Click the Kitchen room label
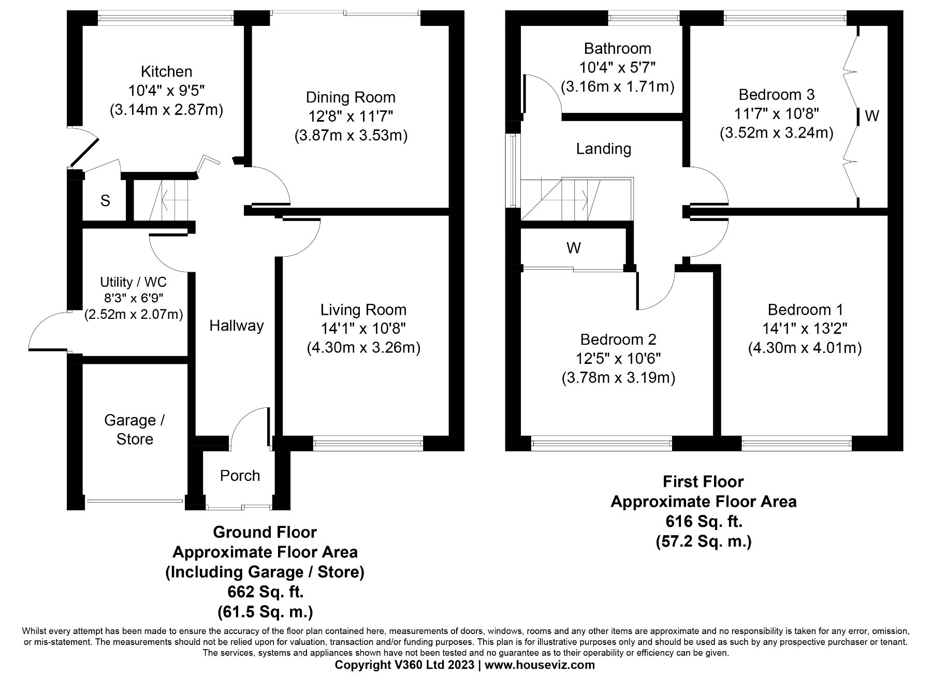(x=166, y=71)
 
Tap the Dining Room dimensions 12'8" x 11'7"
(x=351, y=116)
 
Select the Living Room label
(x=363, y=310)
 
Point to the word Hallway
(x=237, y=326)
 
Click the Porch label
(x=240, y=476)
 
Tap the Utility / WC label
(x=133, y=282)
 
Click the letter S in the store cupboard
(x=105, y=201)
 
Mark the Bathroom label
(x=617, y=49)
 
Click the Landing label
(x=604, y=149)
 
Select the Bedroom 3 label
(x=776, y=95)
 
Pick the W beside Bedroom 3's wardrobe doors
(x=872, y=116)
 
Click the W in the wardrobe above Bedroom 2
(x=573, y=248)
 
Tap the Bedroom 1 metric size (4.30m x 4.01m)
(x=805, y=348)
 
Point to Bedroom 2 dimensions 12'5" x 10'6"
(x=618, y=359)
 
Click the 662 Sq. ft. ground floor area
(x=265, y=592)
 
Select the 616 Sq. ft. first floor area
(x=703, y=521)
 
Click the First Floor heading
(x=703, y=482)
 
